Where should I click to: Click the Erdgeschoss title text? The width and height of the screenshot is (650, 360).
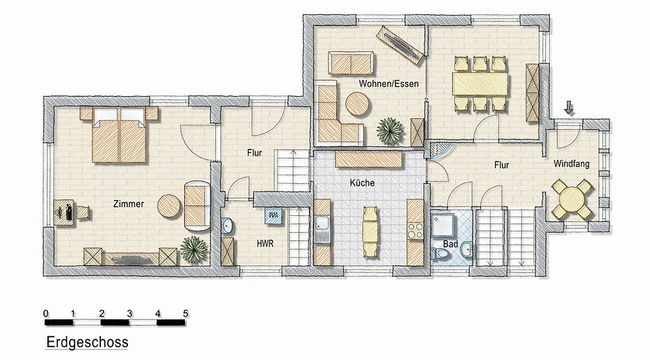[x=87, y=342]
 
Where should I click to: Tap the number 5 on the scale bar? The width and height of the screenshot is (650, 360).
[x=186, y=313]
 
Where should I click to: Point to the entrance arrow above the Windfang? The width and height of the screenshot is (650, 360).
[x=569, y=108]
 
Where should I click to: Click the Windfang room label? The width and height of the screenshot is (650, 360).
[x=571, y=164]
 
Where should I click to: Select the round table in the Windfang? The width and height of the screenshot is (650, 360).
[x=571, y=199]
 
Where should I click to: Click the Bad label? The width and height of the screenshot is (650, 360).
[x=450, y=244]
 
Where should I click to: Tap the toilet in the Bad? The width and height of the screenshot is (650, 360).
[x=440, y=254]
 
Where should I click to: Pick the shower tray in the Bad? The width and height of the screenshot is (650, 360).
[x=443, y=225]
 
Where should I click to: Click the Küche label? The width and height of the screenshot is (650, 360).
[x=362, y=183]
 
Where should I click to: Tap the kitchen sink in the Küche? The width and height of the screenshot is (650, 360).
[x=322, y=229]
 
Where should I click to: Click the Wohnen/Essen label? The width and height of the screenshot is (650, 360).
[x=389, y=84]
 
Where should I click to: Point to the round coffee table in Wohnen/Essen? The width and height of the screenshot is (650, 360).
[x=357, y=104]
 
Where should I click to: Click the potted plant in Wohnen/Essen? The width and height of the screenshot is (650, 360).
[x=390, y=131]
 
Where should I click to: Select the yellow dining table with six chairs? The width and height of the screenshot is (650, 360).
[x=481, y=84]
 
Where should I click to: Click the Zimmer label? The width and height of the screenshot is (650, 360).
[x=129, y=204]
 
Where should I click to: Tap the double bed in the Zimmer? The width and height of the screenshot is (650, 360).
[x=119, y=135]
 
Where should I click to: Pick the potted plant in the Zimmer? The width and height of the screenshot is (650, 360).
[x=194, y=250]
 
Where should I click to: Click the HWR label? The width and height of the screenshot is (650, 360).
[x=265, y=244]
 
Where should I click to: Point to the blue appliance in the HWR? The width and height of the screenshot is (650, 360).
[x=274, y=216]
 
